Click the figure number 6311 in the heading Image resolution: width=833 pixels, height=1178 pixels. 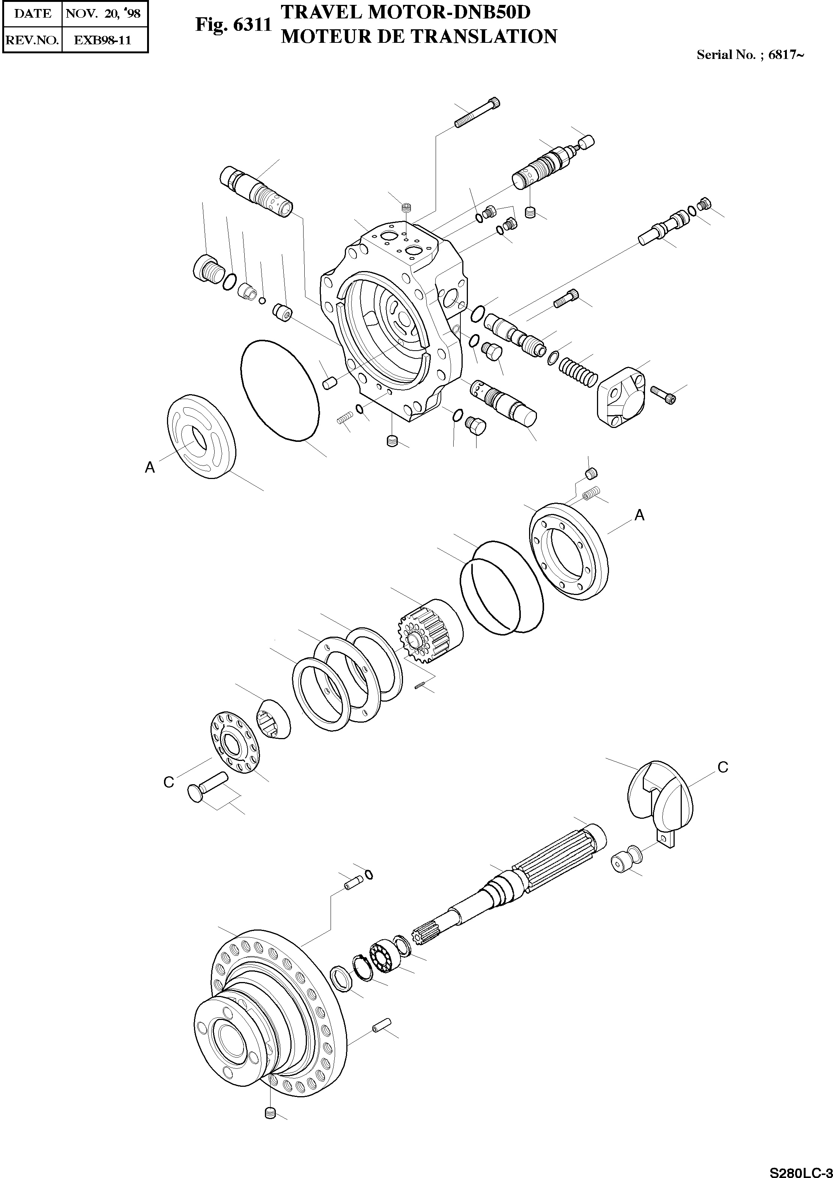point(252,25)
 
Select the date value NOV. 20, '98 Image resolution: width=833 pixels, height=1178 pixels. point(103,14)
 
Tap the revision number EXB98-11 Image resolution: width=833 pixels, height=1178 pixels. point(103,40)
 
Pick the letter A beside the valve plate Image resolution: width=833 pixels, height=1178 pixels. point(149,467)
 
